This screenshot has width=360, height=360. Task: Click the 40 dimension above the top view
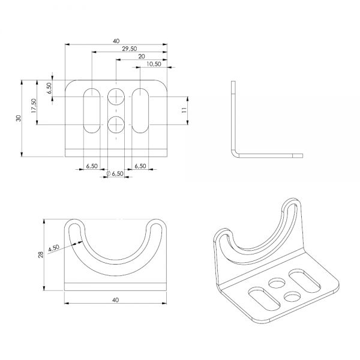coord(116,41)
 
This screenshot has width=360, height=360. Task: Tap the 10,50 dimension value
coord(152,64)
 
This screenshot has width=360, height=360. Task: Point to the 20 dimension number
coord(142,56)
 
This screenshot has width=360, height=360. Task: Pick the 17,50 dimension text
coord(35,107)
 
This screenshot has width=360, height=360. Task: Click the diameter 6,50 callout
coord(115,173)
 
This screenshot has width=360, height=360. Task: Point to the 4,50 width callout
coord(53,248)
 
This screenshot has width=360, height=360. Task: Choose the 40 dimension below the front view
coord(115,299)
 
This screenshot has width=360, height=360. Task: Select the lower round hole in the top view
coord(116,125)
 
